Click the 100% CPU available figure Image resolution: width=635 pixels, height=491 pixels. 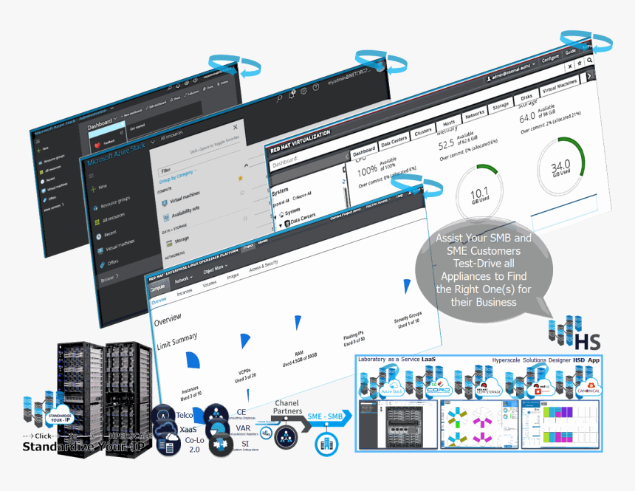[x=368, y=172]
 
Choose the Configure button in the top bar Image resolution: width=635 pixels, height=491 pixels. [x=549, y=58]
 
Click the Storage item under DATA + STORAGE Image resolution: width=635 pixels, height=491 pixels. [x=181, y=240]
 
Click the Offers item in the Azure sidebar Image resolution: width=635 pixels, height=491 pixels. [x=113, y=262]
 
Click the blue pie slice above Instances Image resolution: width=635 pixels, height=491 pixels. [x=191, y=362]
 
